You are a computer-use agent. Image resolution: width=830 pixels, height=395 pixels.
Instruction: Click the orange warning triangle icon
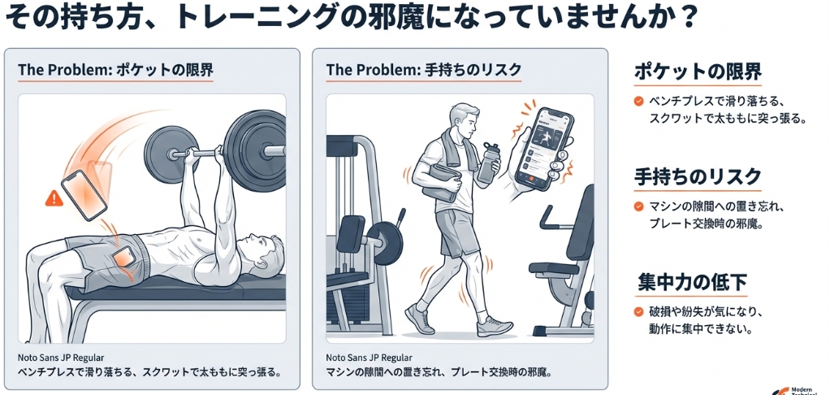(54, 197)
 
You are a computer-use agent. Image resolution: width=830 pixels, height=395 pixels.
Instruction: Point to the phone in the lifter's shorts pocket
(125, 257)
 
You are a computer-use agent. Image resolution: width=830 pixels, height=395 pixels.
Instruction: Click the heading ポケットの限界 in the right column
(698, 72)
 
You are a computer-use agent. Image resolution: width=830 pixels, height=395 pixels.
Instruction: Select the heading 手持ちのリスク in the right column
(698, 176)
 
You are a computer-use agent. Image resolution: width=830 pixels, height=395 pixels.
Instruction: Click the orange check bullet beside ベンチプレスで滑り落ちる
(638, 102)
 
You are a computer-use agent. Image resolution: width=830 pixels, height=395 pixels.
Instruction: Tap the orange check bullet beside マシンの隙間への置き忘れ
(638, 206)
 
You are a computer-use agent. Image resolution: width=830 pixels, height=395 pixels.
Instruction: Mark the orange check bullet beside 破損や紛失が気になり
(638, 312)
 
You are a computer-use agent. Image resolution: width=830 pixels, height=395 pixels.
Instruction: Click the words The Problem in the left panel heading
(55, 71)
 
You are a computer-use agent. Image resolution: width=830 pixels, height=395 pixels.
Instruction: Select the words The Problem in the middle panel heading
(363, 71)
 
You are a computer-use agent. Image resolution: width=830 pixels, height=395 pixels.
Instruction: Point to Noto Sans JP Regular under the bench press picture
(60, 357)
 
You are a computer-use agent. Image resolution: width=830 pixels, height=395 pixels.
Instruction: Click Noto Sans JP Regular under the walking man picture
(369, 357)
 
